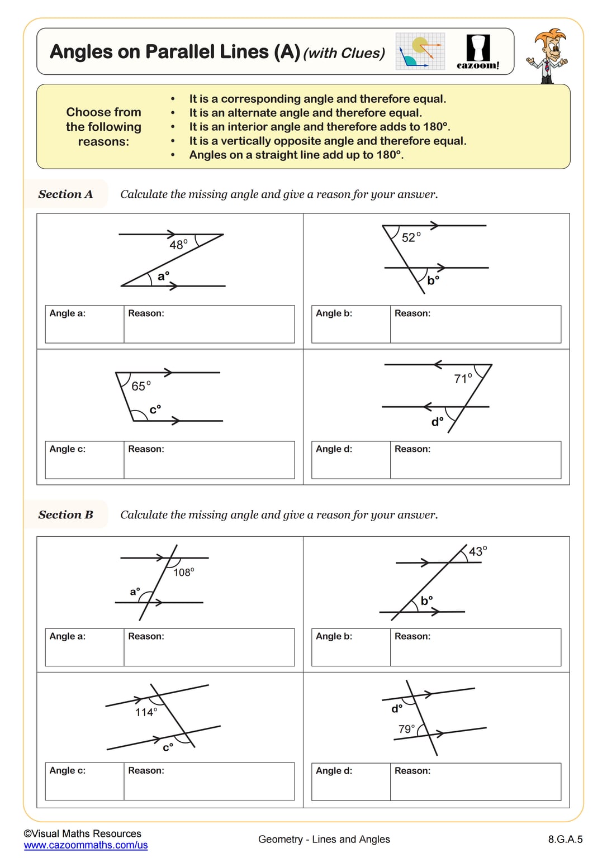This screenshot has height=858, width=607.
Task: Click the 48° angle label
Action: pyautogui.click(x=178, y=245)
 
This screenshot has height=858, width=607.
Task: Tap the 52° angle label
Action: pyautogui.click(x=411, y=237)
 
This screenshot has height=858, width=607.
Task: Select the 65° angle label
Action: pyautogui.click(x=141, y=386)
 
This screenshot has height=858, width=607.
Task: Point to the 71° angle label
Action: pyautogui.click(x=463, y=379)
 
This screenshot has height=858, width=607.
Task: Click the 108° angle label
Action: pyautogui.click(x=183, y=572)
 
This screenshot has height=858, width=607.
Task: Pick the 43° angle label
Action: pyautogui.click(x=478, y=551)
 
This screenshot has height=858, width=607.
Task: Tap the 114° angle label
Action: pyautogui.click(x=146, y=712)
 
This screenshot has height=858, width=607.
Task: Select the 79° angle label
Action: pyautogui.click(x=406, y=729)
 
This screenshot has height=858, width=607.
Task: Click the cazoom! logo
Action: pyautogui.click(x=478, y=52)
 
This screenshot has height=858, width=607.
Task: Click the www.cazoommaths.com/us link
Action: pyautogui.click(x=86, y=845)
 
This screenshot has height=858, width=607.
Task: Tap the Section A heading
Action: pyautogui.click(x=65, y=194)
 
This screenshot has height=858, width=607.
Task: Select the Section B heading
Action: pyautogui.click(x=65, y=515)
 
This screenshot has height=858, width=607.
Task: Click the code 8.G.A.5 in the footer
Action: pyautogui.click(x=565, y=839)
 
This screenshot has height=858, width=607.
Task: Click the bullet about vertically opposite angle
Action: pyautogui.click(x=328, y=141)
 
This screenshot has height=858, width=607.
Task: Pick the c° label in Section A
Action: pyautogui.click(x=155, y=409)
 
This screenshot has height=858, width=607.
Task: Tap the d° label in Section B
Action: pyautogui.click(x=397, y=708)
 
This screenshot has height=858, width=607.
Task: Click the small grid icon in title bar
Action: pyautogui.click(x=420, y=51)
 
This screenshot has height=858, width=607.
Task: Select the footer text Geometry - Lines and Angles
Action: pyautogui.click(x=324, y=839)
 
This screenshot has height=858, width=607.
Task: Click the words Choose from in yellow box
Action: pyautogui.click(x=103, y=112)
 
